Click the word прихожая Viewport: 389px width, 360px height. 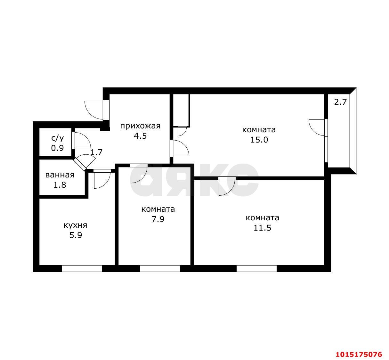[140, 126]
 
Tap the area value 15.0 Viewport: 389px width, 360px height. [259, 140]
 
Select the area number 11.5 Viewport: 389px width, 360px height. [262, 228]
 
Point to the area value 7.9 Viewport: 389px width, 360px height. [158, 219]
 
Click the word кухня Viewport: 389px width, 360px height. [76, 225]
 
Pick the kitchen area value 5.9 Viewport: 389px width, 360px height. [76, 235]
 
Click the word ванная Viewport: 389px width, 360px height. [60, 175]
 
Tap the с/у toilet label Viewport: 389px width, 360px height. [57, 138]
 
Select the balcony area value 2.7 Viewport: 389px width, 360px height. [340, 102]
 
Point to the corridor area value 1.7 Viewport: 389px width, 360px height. [96, 152]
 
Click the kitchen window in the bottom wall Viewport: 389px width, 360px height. [82, 268]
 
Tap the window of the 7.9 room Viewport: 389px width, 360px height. [160, 268]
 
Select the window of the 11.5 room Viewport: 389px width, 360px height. [256, 268]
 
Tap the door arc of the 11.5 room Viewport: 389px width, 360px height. [230, 191]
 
